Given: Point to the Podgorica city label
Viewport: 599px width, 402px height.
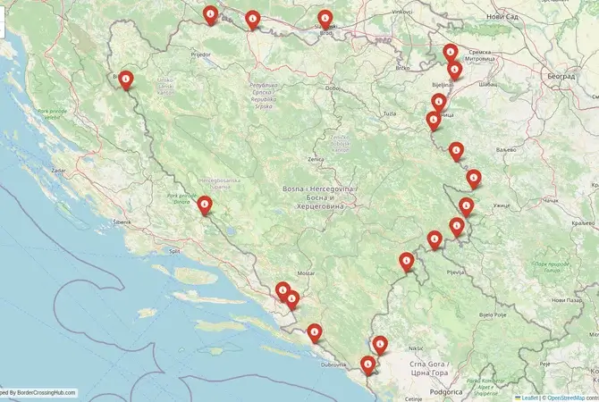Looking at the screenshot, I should [444, 391].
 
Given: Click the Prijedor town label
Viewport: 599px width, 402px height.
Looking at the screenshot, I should [200, 54].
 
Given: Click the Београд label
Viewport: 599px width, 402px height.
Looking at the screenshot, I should [560, 77].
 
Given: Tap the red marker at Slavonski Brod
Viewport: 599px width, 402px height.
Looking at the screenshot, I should [325, 19].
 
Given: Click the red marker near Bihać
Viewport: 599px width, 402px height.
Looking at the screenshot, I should [127, 80].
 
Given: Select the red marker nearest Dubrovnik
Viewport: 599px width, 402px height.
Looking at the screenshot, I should [315, 332].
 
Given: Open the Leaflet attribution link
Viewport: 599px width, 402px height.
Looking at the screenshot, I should [529, 398].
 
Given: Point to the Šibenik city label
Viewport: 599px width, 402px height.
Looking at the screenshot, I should [122, 220].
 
